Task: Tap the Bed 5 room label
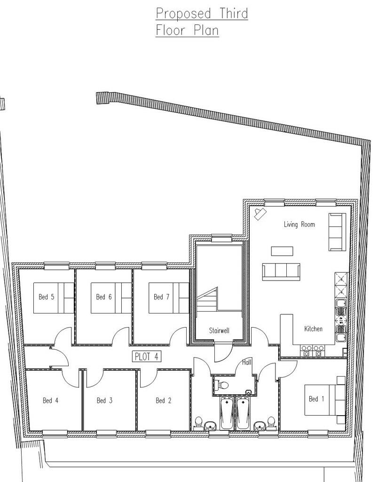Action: pyautogui.click(x=47, y=297)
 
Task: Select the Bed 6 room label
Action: pyautogui.click(x=104, y=297)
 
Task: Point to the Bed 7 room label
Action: pyautogui.click(x=162, y=297)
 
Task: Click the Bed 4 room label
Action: pyautogui.click(x=50, y=401)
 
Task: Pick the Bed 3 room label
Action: pyautogui.click(x=104, y=401)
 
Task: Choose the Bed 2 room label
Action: pyautogui.click(x=164, y=401)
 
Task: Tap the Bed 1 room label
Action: pyautogui.click(x=316, y=399)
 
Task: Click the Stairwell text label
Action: pyautogui.click(x=219, y=331)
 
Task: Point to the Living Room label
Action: pyautogui.click(x=299, y=225)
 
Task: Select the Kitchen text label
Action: pyautogui.click(x=313, y=329)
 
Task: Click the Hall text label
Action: pyautogui.click(x=247, y=362)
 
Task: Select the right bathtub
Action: pyautogui.click(x=243, y=413)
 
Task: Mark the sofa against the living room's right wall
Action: pyautogui.click(x=337, y=232)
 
